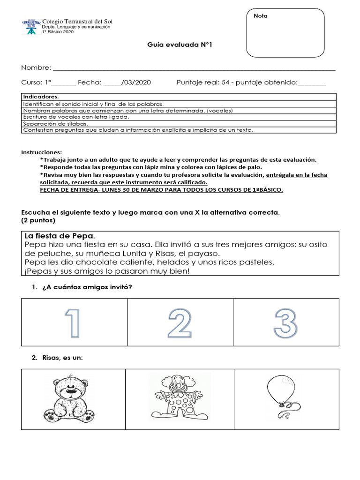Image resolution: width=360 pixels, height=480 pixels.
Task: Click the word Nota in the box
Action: click(261, 16)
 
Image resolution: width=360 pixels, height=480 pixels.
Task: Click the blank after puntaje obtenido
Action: click(312, 82)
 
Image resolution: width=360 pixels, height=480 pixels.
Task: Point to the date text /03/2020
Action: click(136, 82)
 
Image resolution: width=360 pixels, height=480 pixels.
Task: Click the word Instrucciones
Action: click(41, 153)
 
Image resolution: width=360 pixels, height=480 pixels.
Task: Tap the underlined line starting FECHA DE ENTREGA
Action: click(162, 190)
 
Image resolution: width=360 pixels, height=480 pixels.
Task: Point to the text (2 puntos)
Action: click(38, 220)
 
